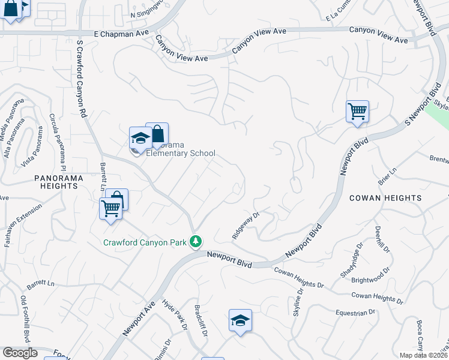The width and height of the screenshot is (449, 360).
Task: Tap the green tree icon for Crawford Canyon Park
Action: (x=195, y=241)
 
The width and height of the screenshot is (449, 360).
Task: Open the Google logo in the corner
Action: (x=20, y=353)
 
